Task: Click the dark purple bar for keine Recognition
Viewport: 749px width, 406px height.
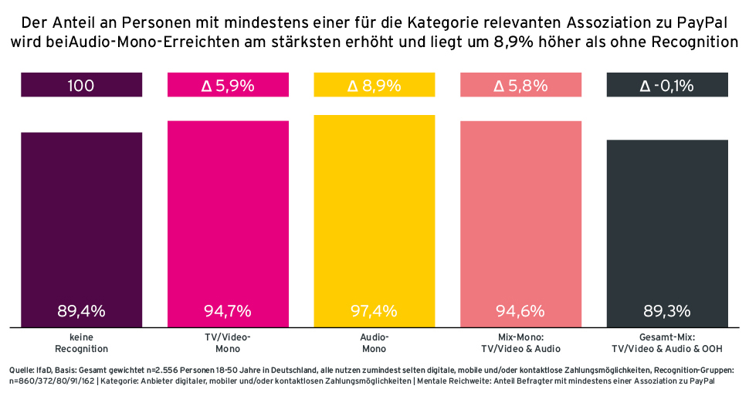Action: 81,224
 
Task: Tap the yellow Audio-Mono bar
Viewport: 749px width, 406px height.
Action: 374,216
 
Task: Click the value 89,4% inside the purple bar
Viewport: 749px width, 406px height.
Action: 81,312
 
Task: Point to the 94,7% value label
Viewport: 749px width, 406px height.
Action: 228,312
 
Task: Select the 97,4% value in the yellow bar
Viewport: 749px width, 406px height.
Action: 374,312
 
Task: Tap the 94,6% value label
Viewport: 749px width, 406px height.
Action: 520,312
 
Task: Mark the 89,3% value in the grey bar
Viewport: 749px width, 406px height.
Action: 667,312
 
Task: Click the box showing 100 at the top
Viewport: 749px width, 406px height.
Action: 81,86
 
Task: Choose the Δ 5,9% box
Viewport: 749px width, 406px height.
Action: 228,86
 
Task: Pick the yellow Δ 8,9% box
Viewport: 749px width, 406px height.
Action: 374,86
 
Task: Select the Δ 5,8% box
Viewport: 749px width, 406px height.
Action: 520,86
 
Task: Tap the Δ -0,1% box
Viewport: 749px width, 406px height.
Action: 667,86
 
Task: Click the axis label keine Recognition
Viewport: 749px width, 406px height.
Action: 81,343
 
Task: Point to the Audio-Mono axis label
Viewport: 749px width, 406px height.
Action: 374,343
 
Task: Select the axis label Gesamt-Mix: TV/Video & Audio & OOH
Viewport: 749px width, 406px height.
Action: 667,343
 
